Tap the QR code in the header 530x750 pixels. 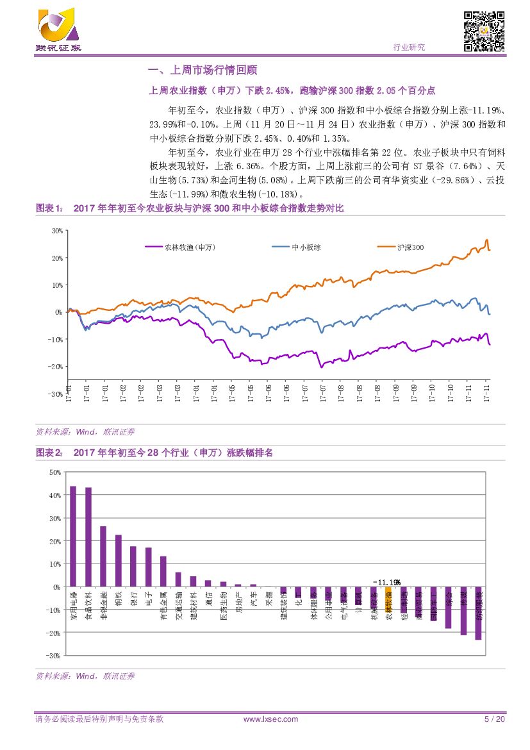(484, 31)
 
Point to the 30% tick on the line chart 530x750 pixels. (57, 231)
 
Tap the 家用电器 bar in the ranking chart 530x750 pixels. (72, 536)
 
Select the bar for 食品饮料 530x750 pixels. (88, 537)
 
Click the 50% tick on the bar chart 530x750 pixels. (54, 472)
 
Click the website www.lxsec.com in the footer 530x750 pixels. (271, 719)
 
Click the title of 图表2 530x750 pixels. (173, 453)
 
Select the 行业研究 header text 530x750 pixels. (408, 47)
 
